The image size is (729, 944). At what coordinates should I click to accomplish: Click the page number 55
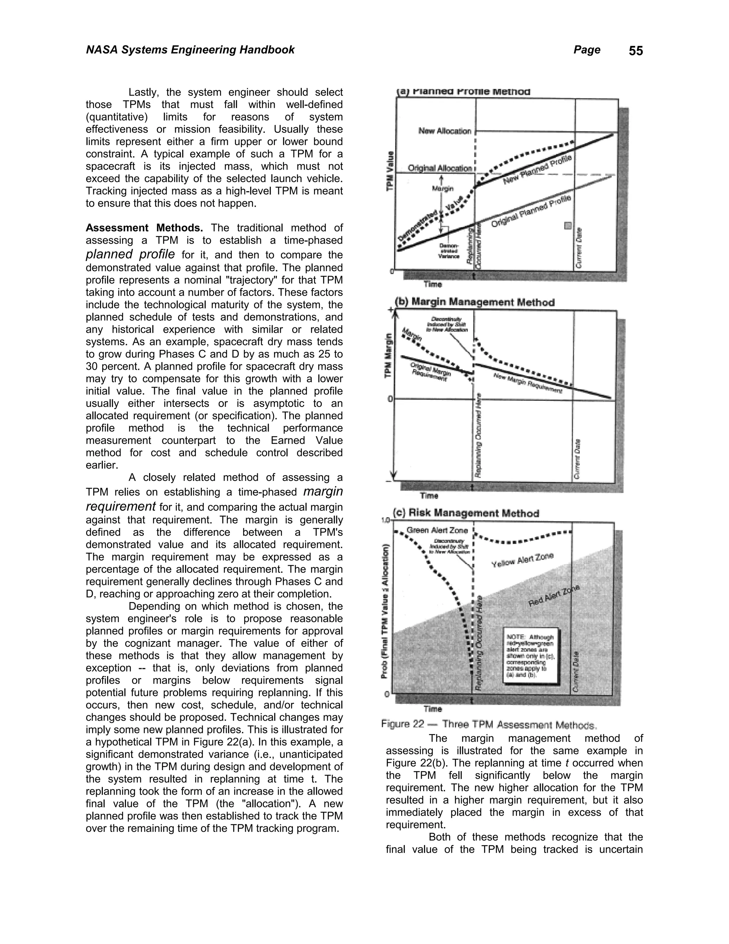635,51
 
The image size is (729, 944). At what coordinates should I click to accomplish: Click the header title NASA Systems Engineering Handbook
190,50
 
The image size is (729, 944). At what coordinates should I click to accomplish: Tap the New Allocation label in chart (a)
444,131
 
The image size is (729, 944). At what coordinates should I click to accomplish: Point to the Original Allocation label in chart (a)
440,168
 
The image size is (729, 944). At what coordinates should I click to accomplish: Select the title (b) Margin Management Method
475,302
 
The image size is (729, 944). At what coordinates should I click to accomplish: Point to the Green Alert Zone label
437,530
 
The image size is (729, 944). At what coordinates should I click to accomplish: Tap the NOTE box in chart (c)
530,655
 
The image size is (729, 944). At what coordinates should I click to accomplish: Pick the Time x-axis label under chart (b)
429,496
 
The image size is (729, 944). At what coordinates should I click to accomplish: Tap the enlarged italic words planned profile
130,254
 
